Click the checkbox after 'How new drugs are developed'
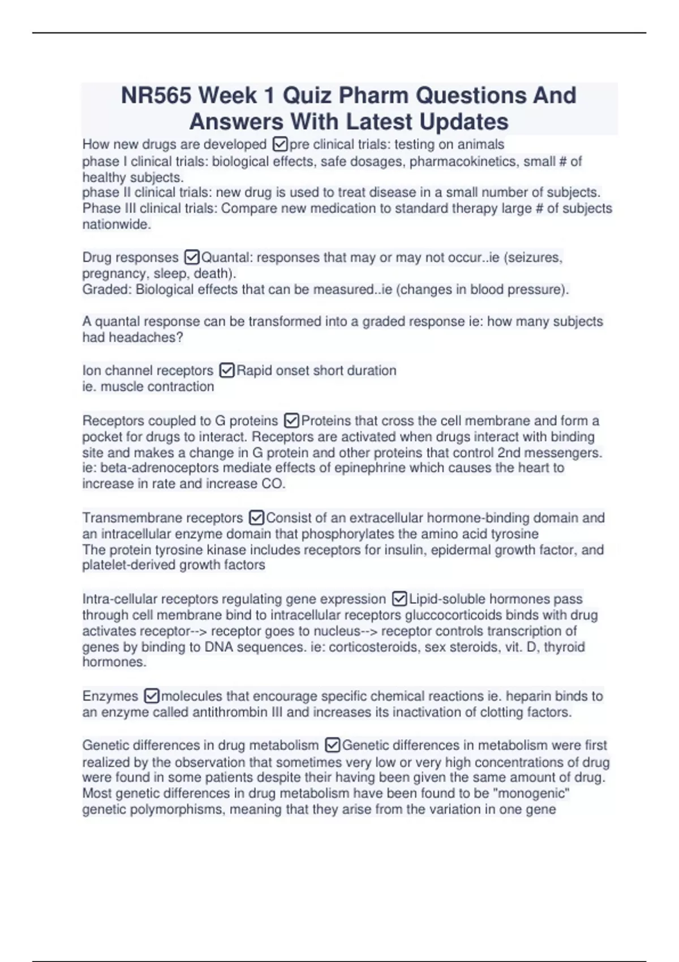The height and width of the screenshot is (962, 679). click(280, 144)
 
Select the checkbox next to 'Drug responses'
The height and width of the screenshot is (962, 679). click(192, 257)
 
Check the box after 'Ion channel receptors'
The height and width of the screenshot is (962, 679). click(227, 371)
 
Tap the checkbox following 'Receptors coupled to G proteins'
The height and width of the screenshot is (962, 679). click(291, 421)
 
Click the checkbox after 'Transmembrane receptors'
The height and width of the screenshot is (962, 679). click(256, 518)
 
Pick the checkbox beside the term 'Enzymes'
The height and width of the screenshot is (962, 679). click(152, 696)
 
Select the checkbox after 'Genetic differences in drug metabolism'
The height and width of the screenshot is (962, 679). click(333, 745)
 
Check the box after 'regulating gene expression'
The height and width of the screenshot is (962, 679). click(399, 599)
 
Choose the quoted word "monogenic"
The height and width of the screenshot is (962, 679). click(531, 793)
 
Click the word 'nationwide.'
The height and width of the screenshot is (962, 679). click(117, 225)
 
